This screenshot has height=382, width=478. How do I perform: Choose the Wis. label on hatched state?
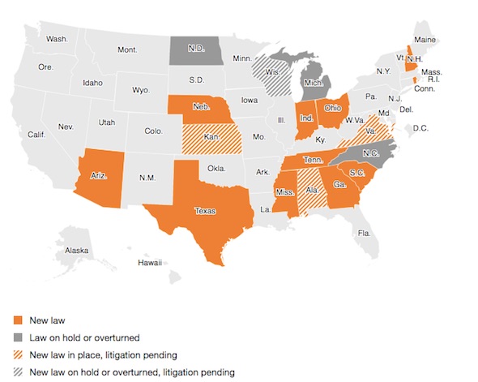(274, 70)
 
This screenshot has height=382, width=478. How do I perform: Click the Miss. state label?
(284, 192)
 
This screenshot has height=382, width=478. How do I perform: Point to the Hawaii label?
(150, 262)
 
